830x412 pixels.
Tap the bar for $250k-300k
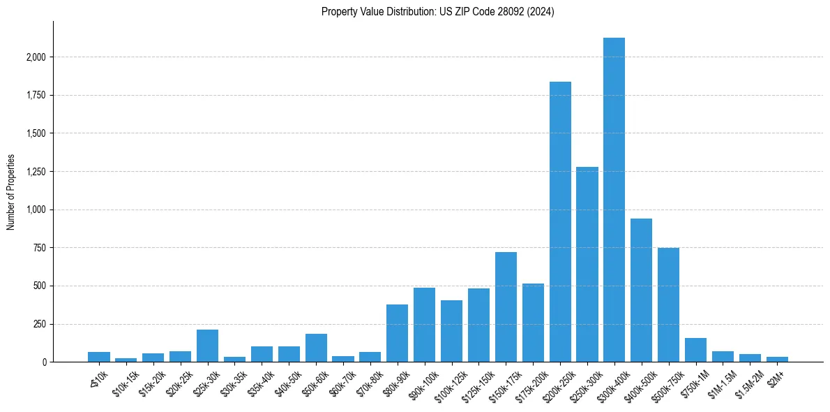[587, 265]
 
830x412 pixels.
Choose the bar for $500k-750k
[668, 305]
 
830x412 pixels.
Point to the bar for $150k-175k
[506, 307]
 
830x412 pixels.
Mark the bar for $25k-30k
[207, 346]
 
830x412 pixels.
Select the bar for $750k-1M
[695, 350]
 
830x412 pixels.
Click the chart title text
[438, 12]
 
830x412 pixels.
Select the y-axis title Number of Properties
[11, 192]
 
